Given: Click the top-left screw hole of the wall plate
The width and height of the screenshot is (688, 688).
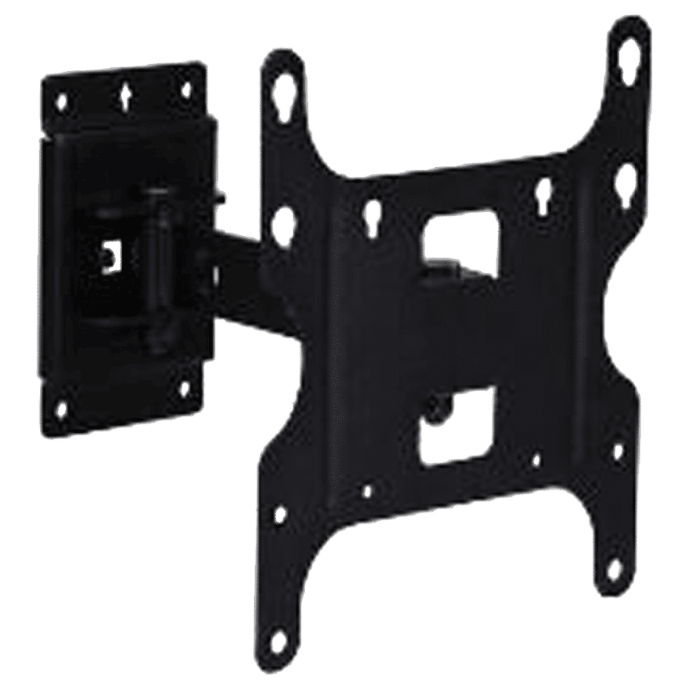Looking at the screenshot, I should point(63,103).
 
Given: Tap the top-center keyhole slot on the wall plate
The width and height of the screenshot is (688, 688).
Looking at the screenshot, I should point(126,96).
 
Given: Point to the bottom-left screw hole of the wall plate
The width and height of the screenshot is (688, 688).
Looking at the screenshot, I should point(62,410).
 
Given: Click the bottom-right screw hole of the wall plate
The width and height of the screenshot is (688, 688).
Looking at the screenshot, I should point(184,389).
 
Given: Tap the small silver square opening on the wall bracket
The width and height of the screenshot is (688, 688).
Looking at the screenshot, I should point(109,257).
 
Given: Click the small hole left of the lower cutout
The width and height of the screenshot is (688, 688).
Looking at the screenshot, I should point(367,491).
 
